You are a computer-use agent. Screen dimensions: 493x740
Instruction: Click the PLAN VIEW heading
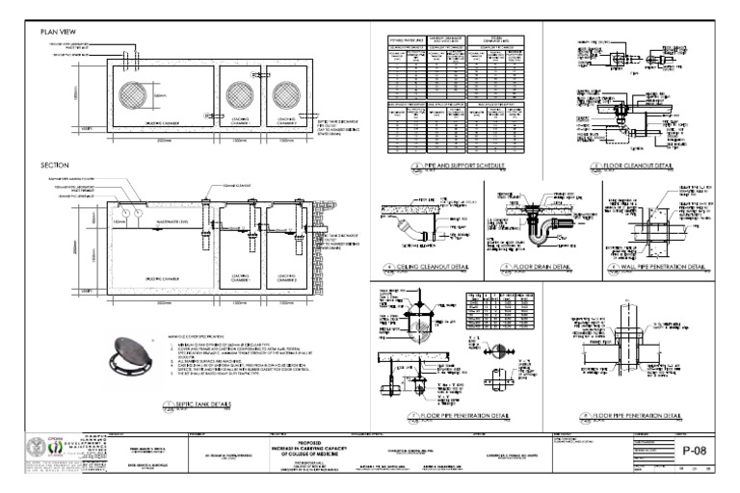57,32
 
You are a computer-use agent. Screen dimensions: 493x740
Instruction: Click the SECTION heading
54,165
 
